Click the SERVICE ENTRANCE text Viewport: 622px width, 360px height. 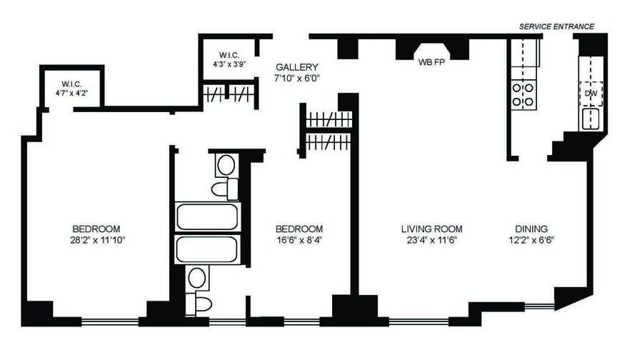(556, 26)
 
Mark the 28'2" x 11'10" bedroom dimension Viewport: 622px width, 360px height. (95, 239)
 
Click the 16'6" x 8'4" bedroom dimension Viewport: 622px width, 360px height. (299, 239)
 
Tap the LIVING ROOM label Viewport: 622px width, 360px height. (431, 229)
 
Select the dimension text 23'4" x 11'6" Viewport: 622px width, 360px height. (431, 239)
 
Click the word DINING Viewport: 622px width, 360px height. (531, 229)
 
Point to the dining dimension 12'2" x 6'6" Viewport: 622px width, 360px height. (531, 239)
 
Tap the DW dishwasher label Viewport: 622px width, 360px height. (591, 93)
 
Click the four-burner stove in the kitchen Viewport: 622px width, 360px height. (523, 95)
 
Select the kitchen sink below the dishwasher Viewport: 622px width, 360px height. (591, 119)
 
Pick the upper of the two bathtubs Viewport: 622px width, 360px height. (207, 216)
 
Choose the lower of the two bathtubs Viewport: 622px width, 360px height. (207, 249)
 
